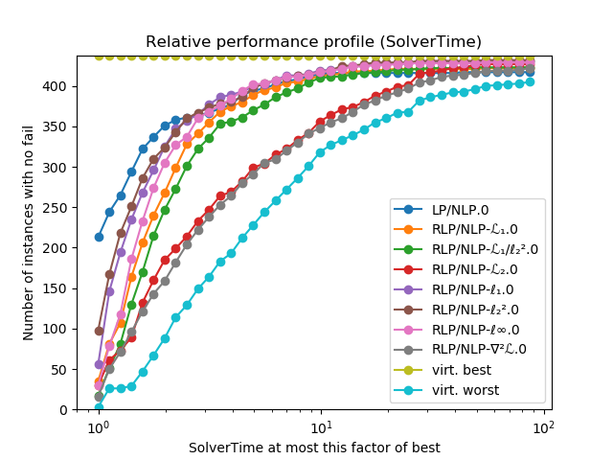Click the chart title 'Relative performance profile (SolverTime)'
[313, 42]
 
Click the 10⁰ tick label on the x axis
[97, 427]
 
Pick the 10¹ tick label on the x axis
[321, 427]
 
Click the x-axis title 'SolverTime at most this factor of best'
[314, 448]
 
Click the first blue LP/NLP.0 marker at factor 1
[99, 237]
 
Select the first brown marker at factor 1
[99, 331]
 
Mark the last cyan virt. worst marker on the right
[530, 81]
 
